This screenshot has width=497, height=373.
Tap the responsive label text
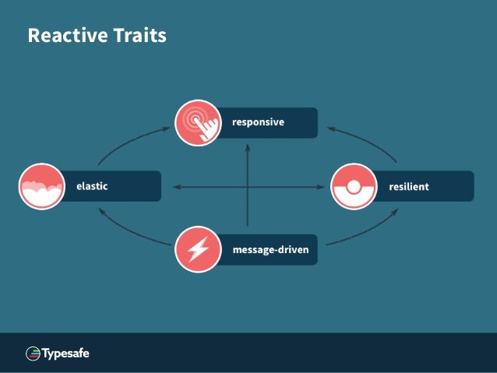[258, 122]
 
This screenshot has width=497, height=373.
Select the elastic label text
[91, 186]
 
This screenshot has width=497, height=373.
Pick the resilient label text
[409, 187]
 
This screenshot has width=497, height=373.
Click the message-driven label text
[270, 250]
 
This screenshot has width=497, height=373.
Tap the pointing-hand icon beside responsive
[198, 123]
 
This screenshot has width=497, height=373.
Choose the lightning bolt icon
[198, 250]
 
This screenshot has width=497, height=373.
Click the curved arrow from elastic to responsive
[125, 144]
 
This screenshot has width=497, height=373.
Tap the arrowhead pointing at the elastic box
[175, 187]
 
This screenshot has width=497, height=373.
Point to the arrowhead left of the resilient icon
[321, 187]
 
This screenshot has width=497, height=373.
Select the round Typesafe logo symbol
[33, 354]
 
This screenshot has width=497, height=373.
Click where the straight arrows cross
[248, 187]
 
